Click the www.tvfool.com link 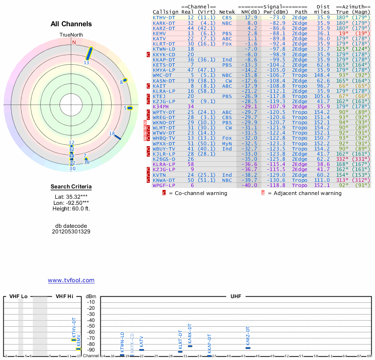[71, 280]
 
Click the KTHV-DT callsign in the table [164, 17]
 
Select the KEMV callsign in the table [159, 33]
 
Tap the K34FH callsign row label [161, 106]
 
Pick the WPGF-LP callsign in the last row [164, 185]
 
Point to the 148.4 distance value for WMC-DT [322, 75]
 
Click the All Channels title [71, 24]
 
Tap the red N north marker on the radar [74, 42]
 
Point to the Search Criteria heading [71, 187]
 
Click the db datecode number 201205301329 [71, 232]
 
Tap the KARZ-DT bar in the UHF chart [248, 348]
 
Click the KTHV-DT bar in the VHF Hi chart [74, 340]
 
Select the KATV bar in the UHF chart [142, 350]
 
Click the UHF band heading [236, 296]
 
